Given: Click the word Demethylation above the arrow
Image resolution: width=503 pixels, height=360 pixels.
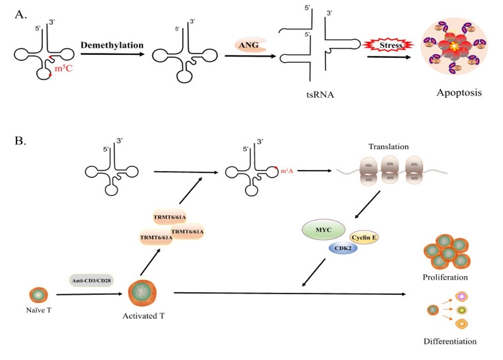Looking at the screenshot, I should (x=112, y=45).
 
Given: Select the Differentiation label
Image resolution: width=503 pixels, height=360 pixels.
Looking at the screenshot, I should (x=450, y=341).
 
